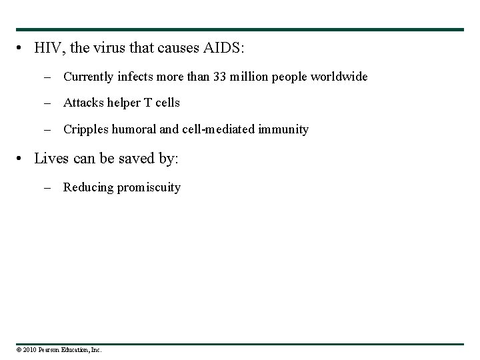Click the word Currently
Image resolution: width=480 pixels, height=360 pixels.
pyautogui.click(x=89, y=77)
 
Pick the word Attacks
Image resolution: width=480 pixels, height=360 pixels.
pyautogui.click(x=83, y=103)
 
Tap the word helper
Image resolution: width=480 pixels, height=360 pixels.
pyautogui.click(x=122, y=103)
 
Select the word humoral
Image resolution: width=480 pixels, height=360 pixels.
pyautogui.click(x=133, y=129)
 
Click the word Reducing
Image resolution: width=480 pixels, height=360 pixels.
pyautogui.click(x=88, y=187)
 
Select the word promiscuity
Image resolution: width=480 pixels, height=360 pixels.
pyautogui.click(x=149, y=187)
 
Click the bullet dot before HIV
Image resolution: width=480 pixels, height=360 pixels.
pyautogui.click(x=22, y=49)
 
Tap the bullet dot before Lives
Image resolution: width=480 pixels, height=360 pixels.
pyautogui.click(x=22, y=159)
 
